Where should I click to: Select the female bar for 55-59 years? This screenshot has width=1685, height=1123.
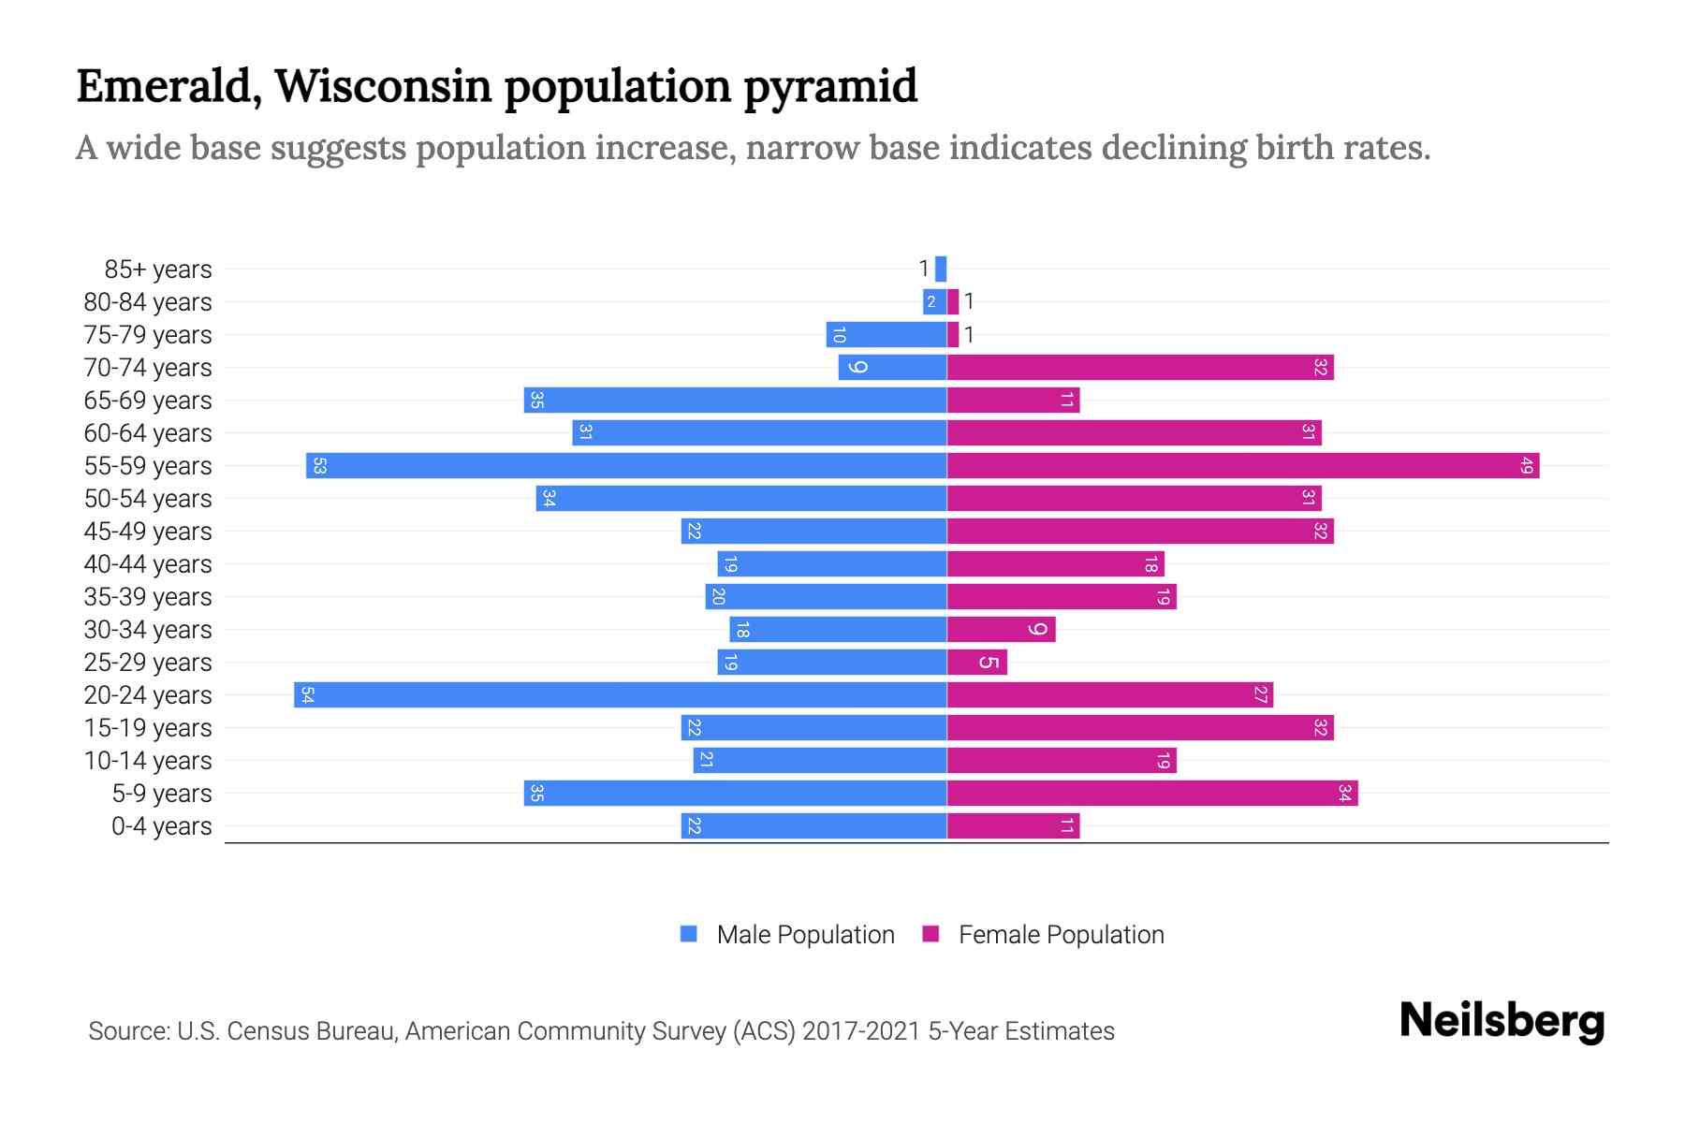[1243, 465]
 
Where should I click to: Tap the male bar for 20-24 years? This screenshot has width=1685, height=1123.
[620, 694]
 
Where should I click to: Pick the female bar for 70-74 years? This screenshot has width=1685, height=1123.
[1140, 367]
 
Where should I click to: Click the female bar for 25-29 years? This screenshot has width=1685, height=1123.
[976, 662]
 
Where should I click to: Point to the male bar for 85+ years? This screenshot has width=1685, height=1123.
[941, 269]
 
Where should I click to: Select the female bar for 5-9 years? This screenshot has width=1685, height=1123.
[1152, 793]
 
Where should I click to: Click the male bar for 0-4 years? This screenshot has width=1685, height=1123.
[813, 825]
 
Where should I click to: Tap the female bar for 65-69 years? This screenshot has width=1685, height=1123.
[1013, 400]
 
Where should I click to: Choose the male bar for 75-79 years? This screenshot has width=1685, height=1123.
[886, 334]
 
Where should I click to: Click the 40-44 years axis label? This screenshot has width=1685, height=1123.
[148, 564]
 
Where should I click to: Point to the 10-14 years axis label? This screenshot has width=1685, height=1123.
[148, 761]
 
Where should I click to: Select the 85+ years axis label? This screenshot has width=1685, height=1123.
[158, 270]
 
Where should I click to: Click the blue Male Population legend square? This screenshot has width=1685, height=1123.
[689, 934]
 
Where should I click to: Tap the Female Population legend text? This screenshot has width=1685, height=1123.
[1061, 935]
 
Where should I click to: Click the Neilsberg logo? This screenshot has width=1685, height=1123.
[1502, 1020]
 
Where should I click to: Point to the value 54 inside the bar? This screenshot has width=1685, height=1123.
[307, 694]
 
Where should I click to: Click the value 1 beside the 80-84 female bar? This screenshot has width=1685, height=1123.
[970, 301]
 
